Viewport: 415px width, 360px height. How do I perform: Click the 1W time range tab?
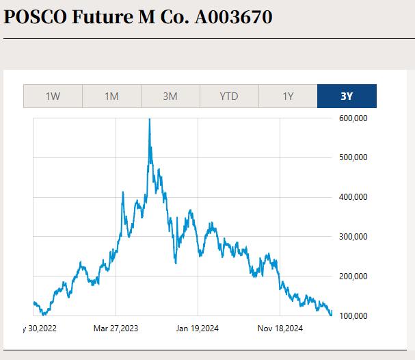point(53,97)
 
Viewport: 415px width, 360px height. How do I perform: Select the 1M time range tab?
point(111,97)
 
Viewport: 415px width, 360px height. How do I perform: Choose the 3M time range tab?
point(170,97)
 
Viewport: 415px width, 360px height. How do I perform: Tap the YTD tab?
point(229,97)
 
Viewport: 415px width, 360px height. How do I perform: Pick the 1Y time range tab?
point(288,97)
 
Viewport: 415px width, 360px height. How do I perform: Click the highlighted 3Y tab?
point(347,97)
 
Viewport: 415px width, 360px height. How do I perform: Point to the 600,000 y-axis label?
point(353,118)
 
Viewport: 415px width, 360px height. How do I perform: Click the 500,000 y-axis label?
point(353,157)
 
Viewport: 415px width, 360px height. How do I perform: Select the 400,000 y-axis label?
point(353,197)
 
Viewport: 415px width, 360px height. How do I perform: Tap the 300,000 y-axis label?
point(353,237)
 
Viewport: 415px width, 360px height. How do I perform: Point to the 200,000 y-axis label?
point(353,277)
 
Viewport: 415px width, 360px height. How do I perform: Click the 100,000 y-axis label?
point(353,316)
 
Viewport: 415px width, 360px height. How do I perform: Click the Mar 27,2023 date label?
point(116,329)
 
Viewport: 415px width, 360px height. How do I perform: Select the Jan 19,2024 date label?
point(198,329)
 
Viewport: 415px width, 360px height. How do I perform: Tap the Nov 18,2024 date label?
point(280,329)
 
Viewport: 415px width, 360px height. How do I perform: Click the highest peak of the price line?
point(149,120)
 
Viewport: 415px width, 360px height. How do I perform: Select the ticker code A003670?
point(233,16)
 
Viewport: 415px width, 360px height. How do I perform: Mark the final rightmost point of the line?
point(332,315)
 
